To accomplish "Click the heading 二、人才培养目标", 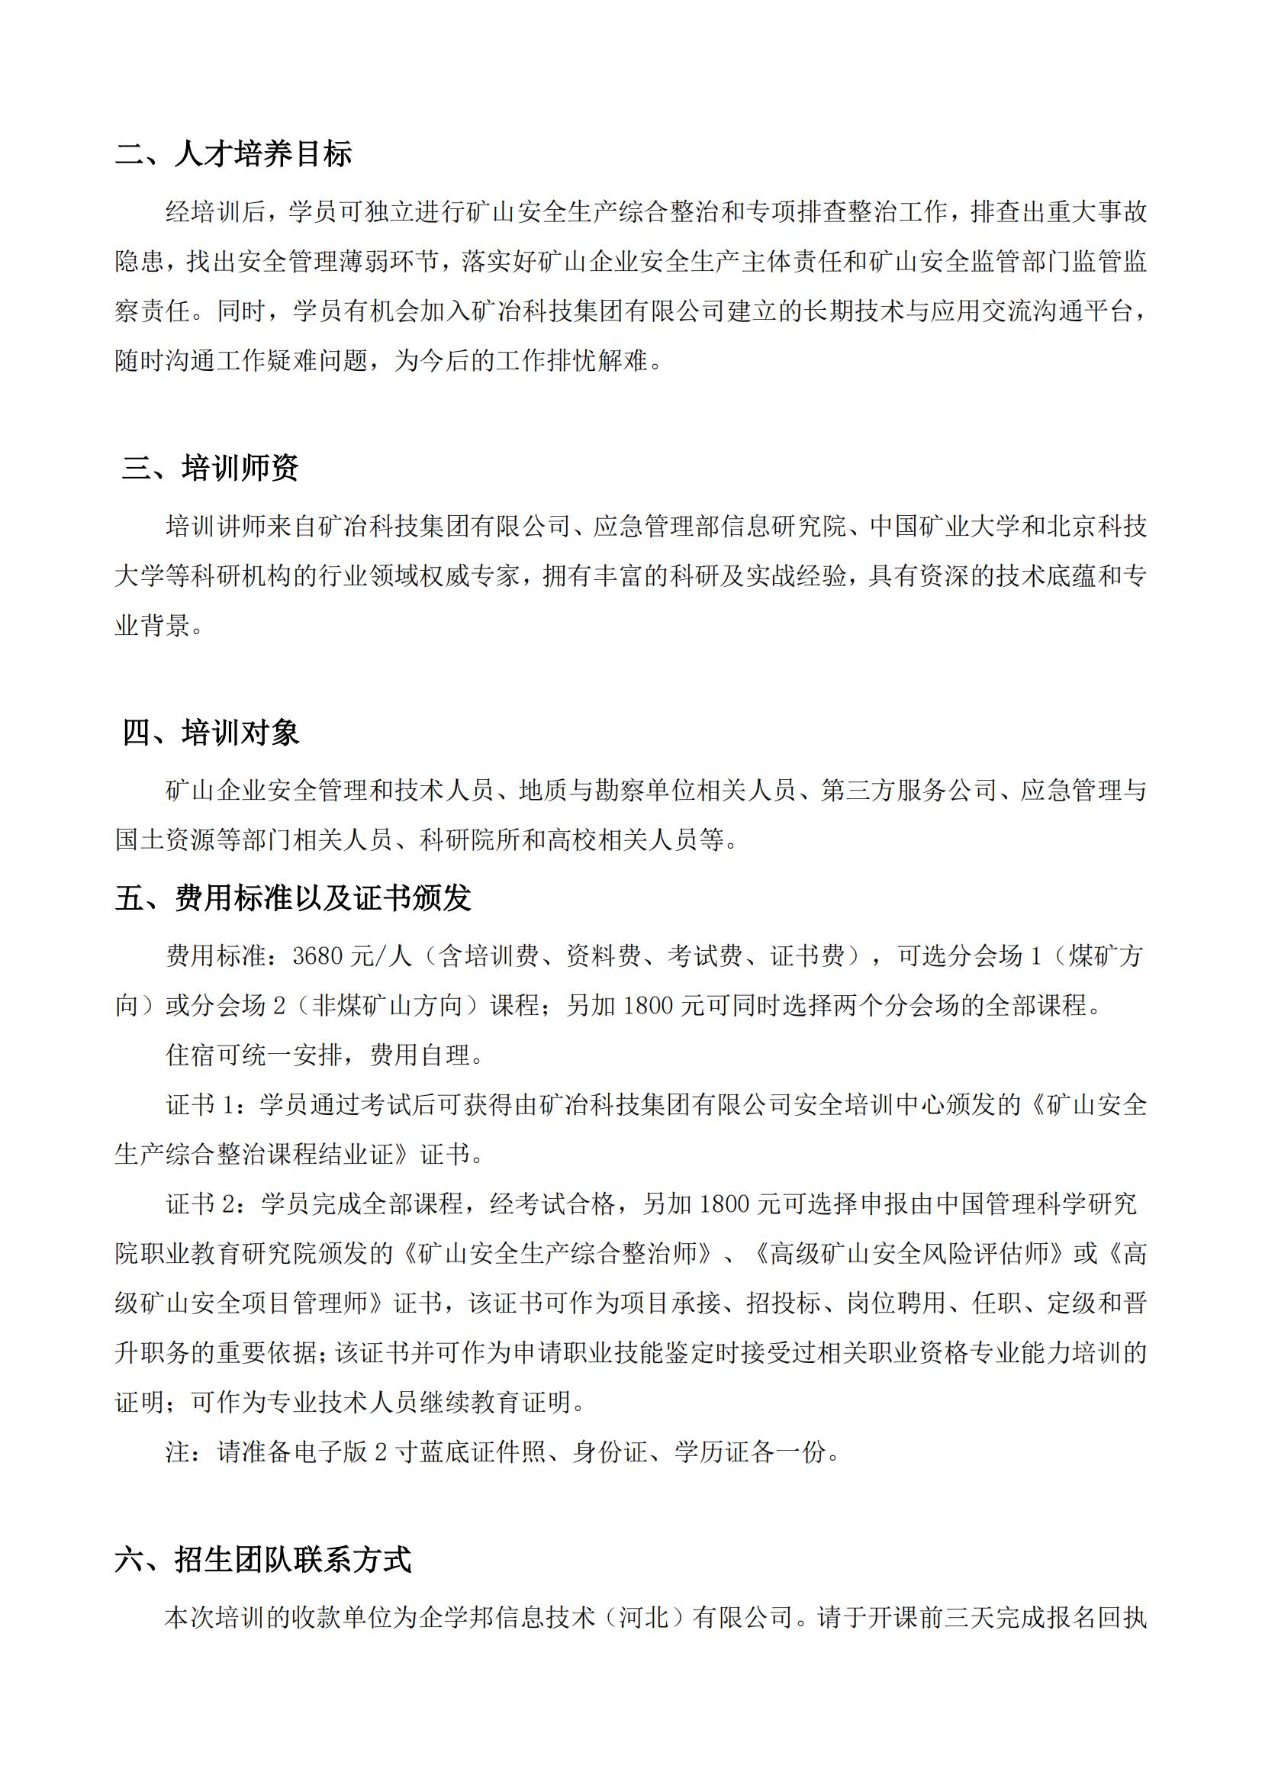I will click(x=233, y=154).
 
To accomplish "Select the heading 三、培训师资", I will click(x=210, y=468).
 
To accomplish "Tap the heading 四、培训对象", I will click(x=211, y=733).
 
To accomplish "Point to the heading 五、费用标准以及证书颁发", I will click(x=293, y=899).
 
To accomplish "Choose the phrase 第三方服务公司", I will click(x=908, y=791).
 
